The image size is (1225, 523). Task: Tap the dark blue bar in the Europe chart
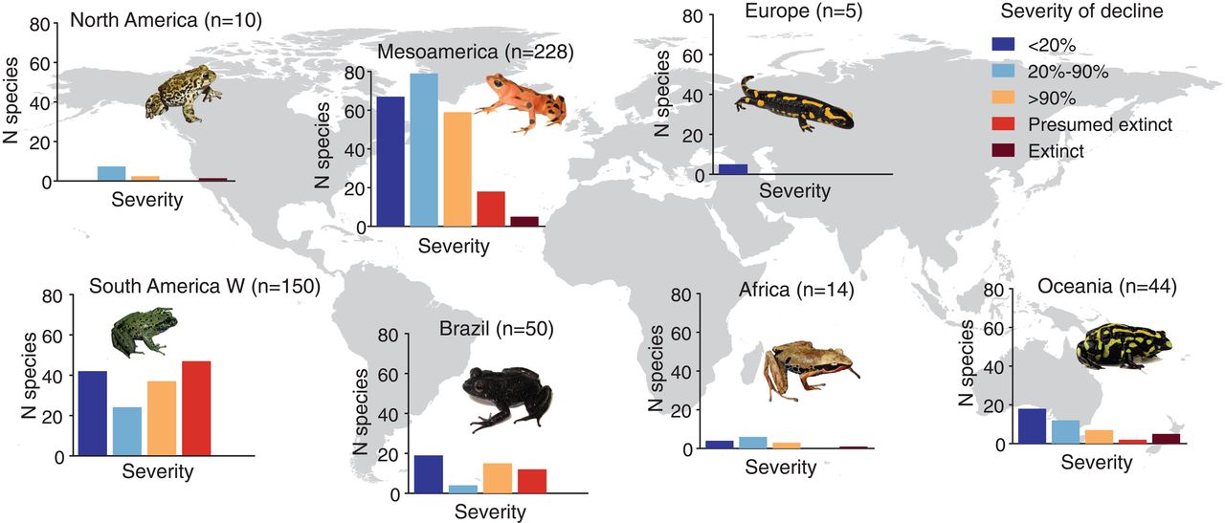(x=733, y=169)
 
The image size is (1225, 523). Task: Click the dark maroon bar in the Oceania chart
(x=1167, y=439)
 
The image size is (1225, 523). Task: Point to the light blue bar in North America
(x=111, y=173)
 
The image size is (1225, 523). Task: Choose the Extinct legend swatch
(x=1004, y=151)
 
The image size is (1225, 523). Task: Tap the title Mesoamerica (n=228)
(x=476, y=52)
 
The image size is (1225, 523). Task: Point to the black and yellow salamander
(x=792, y=103)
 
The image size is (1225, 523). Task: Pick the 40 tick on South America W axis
(x=56, y=376)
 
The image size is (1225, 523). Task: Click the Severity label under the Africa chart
(x=781, y=468)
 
